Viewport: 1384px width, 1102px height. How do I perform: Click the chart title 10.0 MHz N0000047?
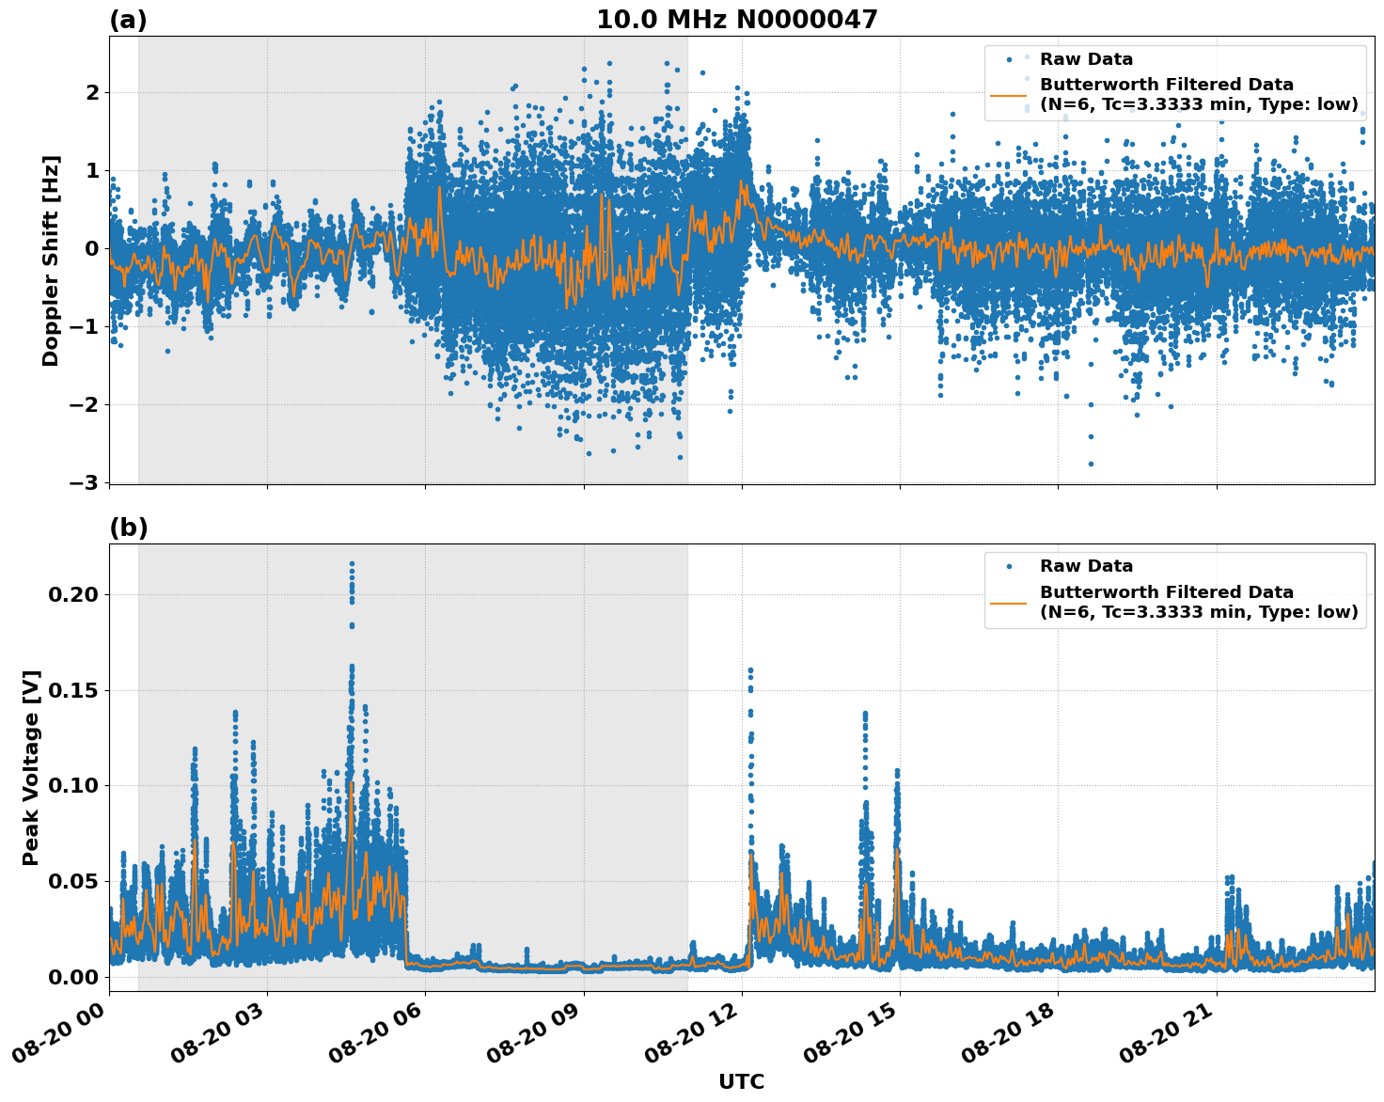(736, 20)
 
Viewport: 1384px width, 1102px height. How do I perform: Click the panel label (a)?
(128, 20)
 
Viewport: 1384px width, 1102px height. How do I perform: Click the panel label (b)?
(128, 527)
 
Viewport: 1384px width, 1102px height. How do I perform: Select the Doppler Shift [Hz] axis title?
(51, 260)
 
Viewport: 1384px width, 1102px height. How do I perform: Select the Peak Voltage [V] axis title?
(31, 767)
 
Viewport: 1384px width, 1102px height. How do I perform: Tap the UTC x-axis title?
(741, 1081)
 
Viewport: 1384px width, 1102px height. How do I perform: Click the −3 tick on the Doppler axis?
(84, 482)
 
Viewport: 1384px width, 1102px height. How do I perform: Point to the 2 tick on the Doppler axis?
(92, 92)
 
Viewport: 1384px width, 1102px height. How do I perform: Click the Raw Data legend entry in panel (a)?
(1086, 59)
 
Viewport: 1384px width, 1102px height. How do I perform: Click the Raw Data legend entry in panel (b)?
(1086, 566)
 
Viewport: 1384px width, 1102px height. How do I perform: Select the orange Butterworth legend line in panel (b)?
(1009, 603)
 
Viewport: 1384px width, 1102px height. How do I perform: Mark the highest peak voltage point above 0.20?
(352, 563)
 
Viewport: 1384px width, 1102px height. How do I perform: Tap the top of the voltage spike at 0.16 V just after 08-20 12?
(750, 670)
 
